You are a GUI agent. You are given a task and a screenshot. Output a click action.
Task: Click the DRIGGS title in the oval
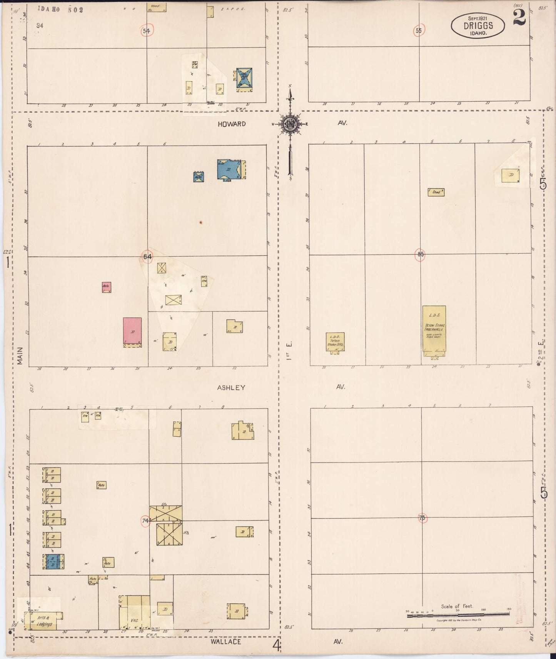[478, 26]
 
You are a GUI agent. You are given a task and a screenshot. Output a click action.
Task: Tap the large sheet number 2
[519, 17]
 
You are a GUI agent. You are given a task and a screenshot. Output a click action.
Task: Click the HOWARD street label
[231, 124]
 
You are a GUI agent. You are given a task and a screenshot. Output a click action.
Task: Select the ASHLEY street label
[231, 388]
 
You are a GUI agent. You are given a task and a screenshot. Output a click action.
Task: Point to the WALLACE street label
[225, 641]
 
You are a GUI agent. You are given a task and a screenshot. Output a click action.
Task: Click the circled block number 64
[147, 256]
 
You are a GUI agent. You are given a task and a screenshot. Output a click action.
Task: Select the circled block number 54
[146, 31]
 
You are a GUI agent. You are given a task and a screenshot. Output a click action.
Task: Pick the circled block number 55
[419, 30]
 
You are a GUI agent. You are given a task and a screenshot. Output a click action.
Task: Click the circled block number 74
[145, 521]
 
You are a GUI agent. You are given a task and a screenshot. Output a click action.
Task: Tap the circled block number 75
[422, 518]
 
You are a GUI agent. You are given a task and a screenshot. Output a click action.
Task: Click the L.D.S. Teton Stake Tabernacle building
[434, 331]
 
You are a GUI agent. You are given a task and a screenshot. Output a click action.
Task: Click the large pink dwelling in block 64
[132, 331]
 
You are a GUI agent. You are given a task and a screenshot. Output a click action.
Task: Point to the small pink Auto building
[107, 287]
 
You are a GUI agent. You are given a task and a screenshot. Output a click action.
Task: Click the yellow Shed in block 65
[436, 192]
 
